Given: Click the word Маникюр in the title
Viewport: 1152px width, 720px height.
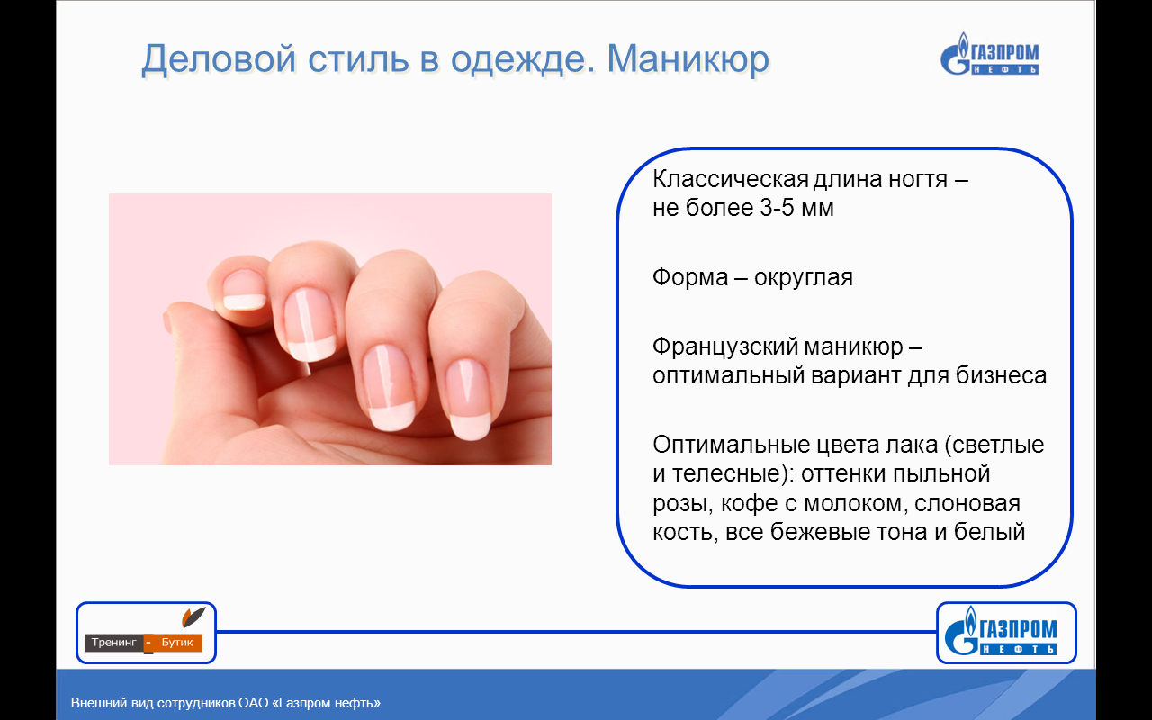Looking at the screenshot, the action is coord(688,59).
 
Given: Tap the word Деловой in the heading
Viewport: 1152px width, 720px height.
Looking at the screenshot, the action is coord(219,60).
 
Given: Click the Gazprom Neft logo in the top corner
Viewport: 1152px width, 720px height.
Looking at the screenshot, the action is coord(989,54).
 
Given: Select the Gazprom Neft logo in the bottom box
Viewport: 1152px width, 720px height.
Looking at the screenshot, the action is coord(1001,631).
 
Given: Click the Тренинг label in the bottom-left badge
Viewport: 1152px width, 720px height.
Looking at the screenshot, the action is coord(114,643).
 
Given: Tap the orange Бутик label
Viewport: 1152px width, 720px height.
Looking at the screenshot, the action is coord(177,643).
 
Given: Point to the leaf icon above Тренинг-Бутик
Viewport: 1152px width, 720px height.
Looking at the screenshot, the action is coord(193,616).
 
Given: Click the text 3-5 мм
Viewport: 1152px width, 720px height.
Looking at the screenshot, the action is coord(796,208).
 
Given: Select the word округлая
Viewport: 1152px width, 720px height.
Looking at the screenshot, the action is coord(804,278).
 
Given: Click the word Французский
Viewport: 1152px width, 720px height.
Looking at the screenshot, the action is coord(725,347).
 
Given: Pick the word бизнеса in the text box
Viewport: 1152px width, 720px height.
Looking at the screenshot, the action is coord(1002,375).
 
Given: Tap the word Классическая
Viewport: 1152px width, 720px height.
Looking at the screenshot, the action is coord(731,179).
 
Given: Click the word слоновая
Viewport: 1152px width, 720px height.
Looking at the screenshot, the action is coord(967,503).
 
